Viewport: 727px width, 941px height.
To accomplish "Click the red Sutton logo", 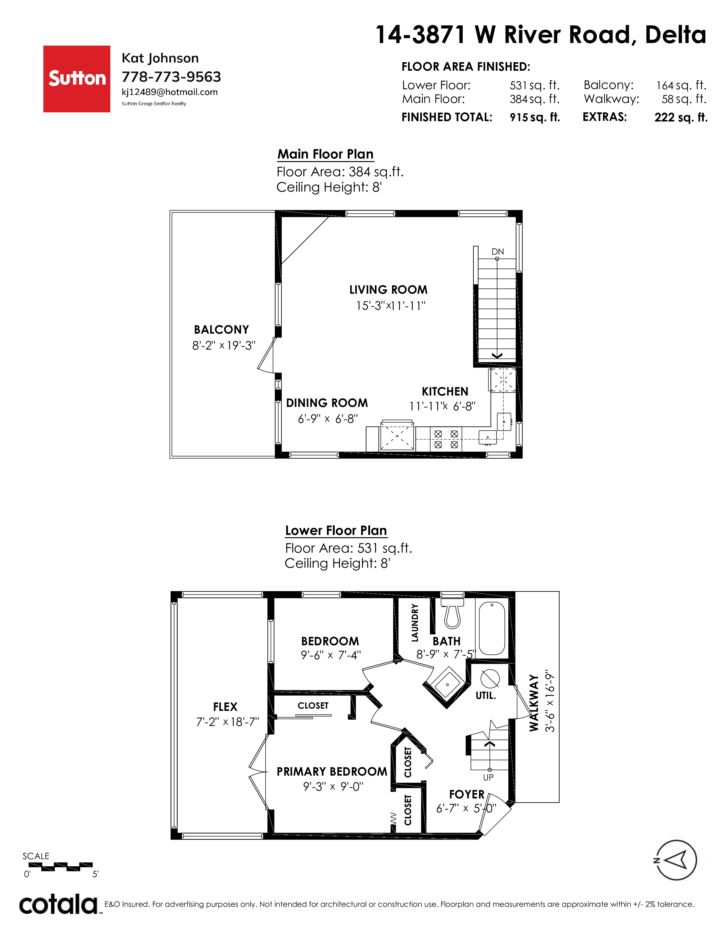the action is click(77, 79).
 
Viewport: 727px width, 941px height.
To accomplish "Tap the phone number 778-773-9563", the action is click(171, 77).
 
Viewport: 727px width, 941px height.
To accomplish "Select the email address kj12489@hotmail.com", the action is click(170, 92).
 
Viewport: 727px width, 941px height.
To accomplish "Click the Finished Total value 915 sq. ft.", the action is click(535, 117).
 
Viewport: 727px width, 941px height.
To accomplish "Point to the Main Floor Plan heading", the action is click(325, 154).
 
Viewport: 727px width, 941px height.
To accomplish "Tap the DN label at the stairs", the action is click(498, 252).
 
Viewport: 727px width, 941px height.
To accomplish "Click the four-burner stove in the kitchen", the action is click(446, 439).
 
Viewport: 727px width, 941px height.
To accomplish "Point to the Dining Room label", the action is click(327, 403).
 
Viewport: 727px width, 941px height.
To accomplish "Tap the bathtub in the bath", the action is click(492, 629).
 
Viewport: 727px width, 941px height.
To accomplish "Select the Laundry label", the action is click(415, 622).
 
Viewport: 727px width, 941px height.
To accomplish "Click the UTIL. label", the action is click(486, 695).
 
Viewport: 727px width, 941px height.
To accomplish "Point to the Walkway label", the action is click(534, 703).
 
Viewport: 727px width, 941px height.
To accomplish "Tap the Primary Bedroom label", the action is click(332, 772).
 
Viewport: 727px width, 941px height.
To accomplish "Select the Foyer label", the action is click(467, 794).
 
